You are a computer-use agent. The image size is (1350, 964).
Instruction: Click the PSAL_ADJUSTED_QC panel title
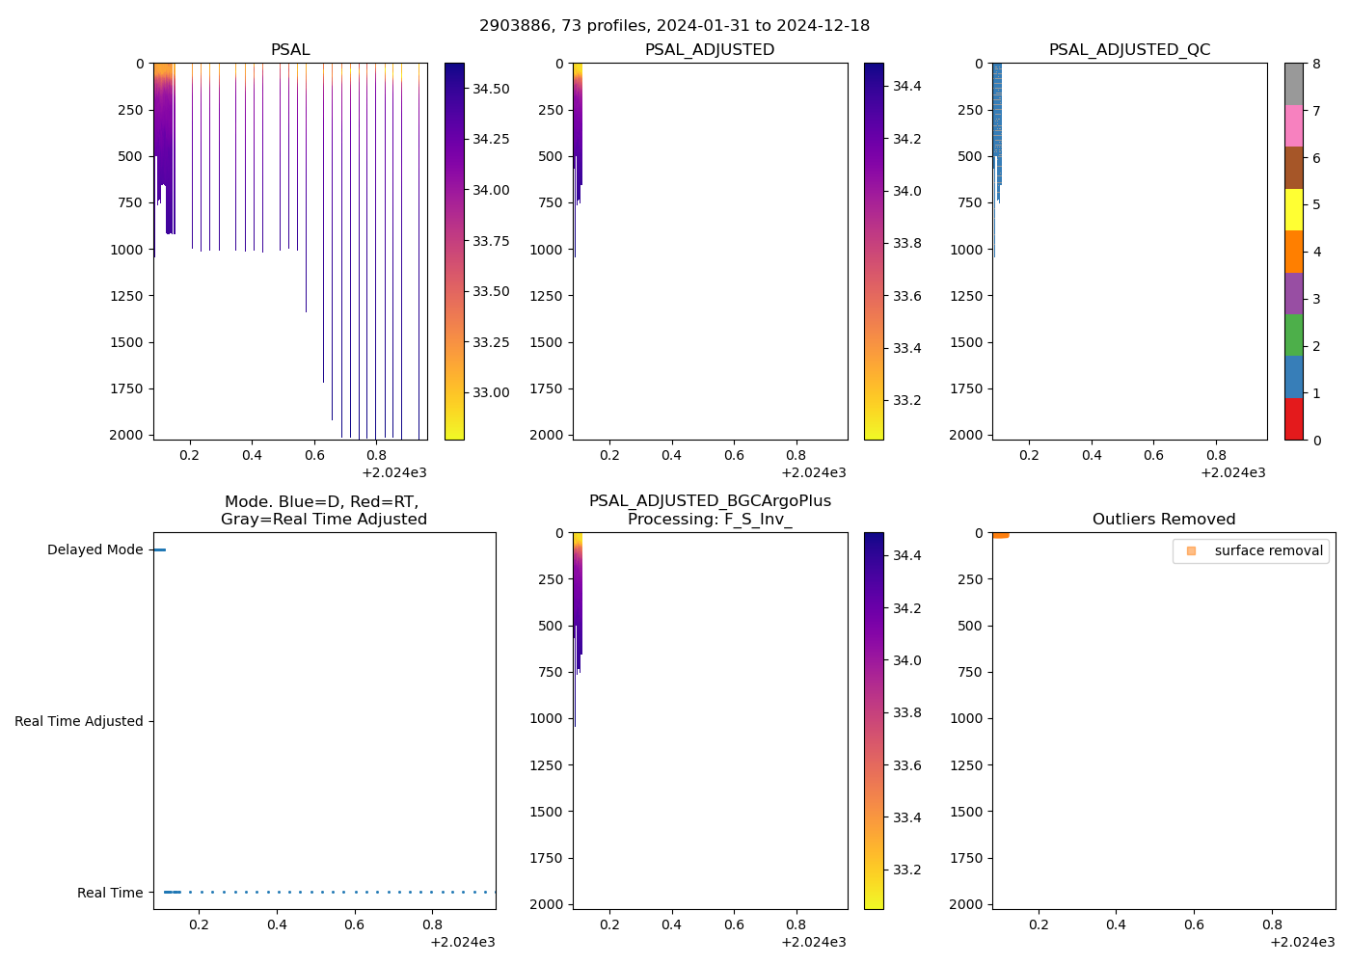pyautogui.click(x=1129, y=50)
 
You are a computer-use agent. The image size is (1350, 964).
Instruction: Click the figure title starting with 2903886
pyautogui.click(x=674, y=25)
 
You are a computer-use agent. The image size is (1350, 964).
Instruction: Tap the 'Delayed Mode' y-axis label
pyautogui.click(x=94, y=549)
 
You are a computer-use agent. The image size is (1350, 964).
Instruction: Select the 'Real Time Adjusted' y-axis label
pyautogui.click(x=79, y=721)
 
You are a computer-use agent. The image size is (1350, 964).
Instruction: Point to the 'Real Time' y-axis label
pyautogui.click(x=110, y=893)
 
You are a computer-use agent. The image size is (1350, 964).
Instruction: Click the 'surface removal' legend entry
pyautogui.click(x=1268, y=550)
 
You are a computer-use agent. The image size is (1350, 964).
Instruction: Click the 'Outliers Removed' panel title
pyautogui.click(x=1164, y=520)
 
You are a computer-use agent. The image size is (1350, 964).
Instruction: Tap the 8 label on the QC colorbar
pyautogui.click(x=1316, y=65)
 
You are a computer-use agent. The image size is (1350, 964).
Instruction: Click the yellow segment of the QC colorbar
pyautogui.click(x=1294, y=209)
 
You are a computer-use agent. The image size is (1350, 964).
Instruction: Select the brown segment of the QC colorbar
pyautogui.click(x=1294, y=168)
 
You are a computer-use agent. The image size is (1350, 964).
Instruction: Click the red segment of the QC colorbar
pyautogui.click(x=1294, y=419)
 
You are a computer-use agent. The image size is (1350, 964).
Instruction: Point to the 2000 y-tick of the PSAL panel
pyautogui.click(x=126, y=435)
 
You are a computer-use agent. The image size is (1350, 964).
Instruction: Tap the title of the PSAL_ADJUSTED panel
pyautogui.click(x=710, y=50)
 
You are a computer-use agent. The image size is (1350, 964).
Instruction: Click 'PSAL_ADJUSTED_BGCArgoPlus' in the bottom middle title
pyautogui.click(x=710, y=501)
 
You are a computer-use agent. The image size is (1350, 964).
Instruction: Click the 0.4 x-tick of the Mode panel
pyautogui.click(x=277, y=924)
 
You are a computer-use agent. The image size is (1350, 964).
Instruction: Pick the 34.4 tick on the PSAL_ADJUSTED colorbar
pyautogui.click(x=906, y=86)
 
